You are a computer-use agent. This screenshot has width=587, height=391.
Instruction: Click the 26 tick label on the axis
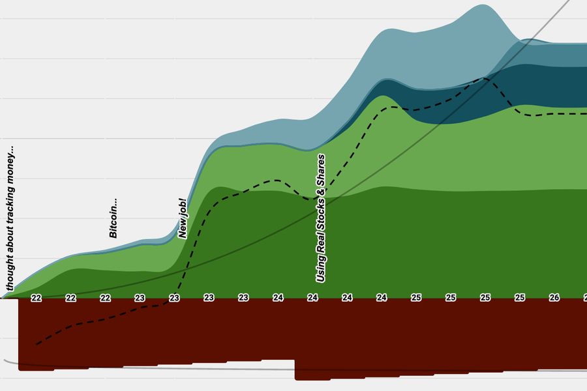click(x=554, y=298)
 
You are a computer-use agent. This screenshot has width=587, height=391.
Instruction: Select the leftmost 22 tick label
click(x=37, y=298)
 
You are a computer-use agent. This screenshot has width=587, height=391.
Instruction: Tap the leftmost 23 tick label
click(x=140, y=298)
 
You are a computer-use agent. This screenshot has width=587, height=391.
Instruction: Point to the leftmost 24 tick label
click(x=278, y=298)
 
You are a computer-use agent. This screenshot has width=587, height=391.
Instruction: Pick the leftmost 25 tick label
click(x=415, y=298)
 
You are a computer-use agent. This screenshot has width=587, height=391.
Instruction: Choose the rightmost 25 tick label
click(x=519, y=298)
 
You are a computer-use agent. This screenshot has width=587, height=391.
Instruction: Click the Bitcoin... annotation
click(x=113, y=218)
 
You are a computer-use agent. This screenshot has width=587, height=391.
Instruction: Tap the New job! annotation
click(x=183, y=219)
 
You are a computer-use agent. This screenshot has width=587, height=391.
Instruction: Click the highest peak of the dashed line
click(x=486, y=79)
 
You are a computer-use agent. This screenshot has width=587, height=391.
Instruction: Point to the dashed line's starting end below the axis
click(x=37, y=343)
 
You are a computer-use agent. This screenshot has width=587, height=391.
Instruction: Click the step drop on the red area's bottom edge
click(x=295, y=369)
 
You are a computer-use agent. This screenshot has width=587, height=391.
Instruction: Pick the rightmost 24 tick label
click(x=382, y=298)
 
